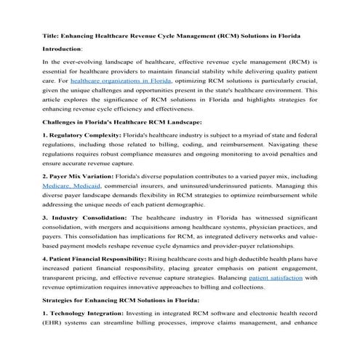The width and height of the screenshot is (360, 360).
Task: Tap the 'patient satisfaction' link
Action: [273, 278]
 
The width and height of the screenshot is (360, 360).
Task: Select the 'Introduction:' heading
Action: [63, 47]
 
